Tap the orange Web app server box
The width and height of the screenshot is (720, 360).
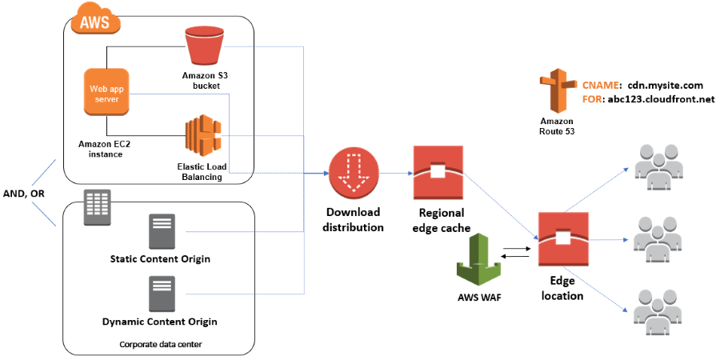(x=107, y=91)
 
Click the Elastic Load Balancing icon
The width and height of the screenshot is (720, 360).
(x=202, y=135)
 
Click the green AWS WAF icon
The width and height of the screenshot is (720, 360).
(x=478, y=259)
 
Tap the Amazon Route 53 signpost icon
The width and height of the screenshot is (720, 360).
(x=557, y=91)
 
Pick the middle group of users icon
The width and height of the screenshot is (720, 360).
(x=658, y=233)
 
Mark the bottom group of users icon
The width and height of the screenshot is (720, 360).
(x=658, y=306)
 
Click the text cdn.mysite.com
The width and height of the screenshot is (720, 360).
(x=665, y=84)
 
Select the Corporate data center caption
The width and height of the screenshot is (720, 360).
(x=159, y=343)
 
